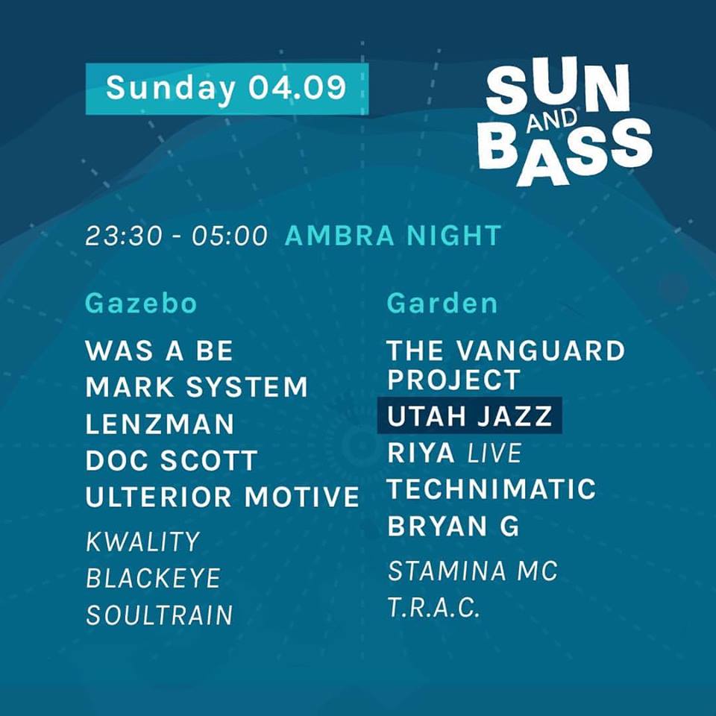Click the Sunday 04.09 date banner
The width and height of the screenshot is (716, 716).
click(227, 89)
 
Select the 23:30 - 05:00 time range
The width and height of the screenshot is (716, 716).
click(176, 236)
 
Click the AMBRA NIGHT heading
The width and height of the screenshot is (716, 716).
click(393, 236)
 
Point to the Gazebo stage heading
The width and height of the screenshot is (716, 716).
click(141, 304)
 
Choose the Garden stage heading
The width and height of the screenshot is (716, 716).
click(442, 304)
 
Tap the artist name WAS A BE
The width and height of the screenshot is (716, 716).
click(160, 351)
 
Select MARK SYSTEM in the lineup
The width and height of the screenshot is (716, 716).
click(197, 387)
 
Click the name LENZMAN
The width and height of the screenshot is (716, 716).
click(160, 424)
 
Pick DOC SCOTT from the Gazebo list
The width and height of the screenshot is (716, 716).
click(172, 460)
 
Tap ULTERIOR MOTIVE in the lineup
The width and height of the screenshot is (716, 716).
click(222, 497)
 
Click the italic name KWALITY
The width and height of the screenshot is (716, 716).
click(143, 541)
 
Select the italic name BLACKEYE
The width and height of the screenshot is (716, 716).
click(154, 578)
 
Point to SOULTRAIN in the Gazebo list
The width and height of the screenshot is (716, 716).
click(160, 615)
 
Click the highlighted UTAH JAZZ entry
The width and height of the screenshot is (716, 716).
click(469, 416)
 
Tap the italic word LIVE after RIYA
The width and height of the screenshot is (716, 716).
click(494, 453)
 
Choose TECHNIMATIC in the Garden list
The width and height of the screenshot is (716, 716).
click(492, 489)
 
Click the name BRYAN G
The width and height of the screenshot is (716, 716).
click(453, 526)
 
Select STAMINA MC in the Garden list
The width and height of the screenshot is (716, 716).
click(473, 571)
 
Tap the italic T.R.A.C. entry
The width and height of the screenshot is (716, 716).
click(434, 607)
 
